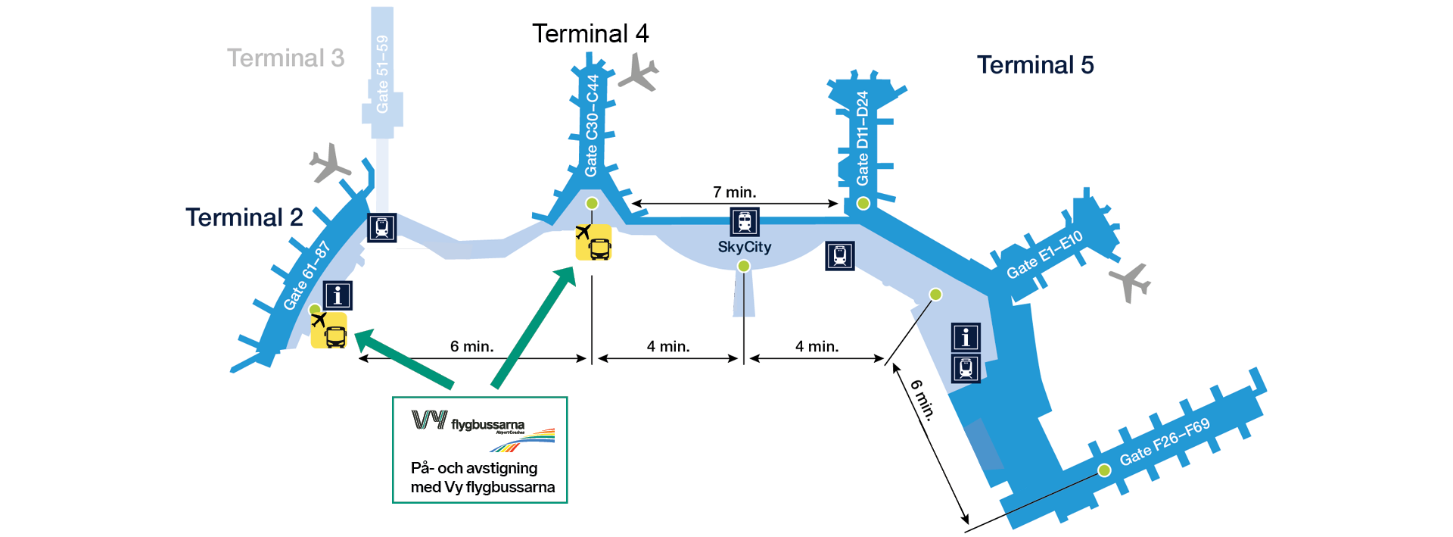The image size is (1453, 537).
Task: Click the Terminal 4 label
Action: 590,34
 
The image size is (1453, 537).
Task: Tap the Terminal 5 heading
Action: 1035,65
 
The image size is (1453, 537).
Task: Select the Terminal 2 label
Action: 244,218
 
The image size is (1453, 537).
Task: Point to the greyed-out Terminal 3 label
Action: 285,58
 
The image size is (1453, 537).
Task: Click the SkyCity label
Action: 745,247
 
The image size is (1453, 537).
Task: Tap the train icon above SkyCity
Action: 745,222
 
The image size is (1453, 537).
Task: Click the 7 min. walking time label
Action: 734,192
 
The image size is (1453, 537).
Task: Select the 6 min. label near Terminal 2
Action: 471,347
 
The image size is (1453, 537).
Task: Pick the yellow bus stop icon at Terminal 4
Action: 594,242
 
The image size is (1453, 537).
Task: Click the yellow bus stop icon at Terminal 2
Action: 329,331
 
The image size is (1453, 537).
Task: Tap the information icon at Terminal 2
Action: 338,295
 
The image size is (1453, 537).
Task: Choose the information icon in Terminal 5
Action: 966,337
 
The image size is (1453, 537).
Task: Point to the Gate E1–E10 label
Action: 1044,254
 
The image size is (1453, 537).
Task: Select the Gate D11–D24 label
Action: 862,138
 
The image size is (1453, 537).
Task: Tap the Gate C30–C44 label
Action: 592,125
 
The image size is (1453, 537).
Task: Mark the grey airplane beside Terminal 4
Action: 639,73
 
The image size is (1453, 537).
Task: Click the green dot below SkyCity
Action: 744,266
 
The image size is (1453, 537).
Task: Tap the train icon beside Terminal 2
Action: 382,227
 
